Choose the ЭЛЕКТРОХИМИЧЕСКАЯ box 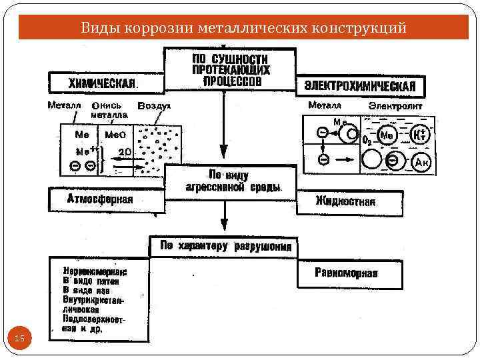359,86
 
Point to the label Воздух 154,106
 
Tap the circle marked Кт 420,135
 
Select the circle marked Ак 421,162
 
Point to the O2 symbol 366,141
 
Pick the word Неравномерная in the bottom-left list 96,273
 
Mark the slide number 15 19,340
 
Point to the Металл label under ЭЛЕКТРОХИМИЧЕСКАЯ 325,105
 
